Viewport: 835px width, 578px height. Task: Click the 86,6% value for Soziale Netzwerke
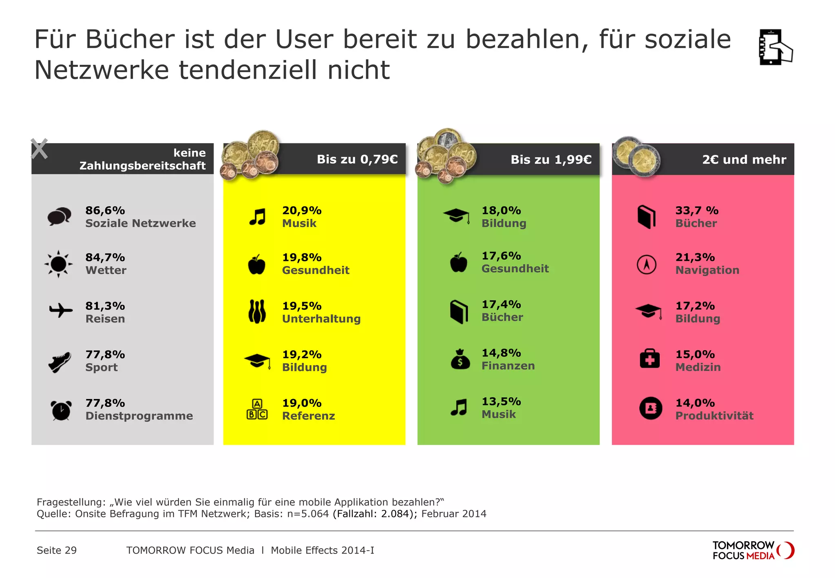105,210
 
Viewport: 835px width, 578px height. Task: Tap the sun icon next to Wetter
59,264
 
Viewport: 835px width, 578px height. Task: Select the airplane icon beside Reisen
61,311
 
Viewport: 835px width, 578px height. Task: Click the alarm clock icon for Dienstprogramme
61,410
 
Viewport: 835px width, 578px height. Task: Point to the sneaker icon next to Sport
60,362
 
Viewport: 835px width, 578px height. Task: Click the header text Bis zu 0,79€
357,159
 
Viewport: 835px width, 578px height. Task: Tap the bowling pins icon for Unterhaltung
257,312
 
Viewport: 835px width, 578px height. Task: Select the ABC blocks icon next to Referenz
257,409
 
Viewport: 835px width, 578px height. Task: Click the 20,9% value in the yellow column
302,210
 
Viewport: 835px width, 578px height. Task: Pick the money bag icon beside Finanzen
460,360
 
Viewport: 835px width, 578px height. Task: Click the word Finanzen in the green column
508,366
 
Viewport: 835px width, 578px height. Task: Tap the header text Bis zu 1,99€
551,159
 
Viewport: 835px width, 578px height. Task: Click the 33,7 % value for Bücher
697,210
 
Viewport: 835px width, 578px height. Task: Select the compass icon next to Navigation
647,265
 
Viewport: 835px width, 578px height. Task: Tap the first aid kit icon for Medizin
649,359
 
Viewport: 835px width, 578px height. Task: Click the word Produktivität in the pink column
714,416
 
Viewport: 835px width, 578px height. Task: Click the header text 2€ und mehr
744,159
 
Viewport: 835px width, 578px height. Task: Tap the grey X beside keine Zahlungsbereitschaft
39,149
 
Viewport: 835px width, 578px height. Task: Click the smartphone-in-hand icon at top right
775,47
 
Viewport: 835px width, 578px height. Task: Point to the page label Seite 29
57,550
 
